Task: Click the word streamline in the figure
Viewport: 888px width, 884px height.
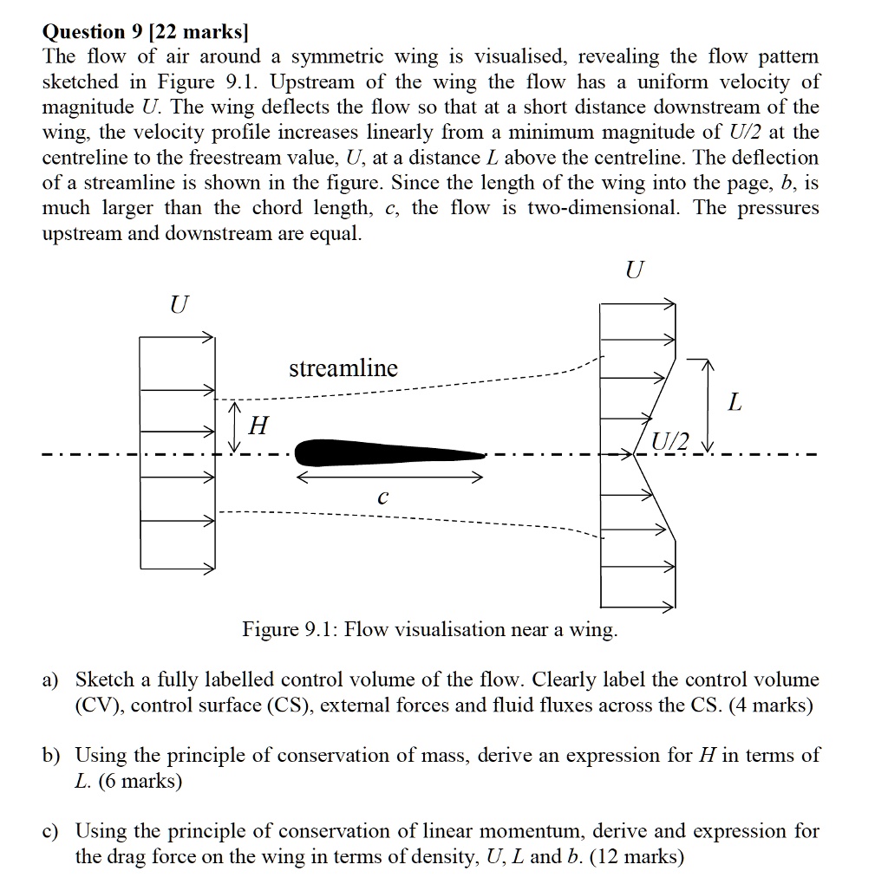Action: pyautogui.click(x=343, y=368)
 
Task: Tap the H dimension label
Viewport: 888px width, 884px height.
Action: pyautogui.click(x=258, y=426)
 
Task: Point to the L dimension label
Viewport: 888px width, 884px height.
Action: pyautogui.click(x=735, y=403)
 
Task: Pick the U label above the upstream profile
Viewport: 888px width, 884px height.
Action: pyautogui.click(x=178, y=304)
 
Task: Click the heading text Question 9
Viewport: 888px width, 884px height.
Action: pyautogui.click(x=93, y=32)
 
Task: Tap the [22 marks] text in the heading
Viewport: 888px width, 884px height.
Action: pyautogui.click(x=199, y=32)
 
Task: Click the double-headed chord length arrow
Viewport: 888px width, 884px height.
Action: pyautogui.click(x=390, y=478)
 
